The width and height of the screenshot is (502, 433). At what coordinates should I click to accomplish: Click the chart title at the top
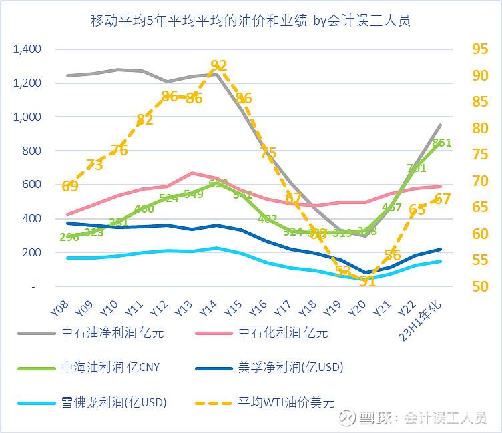[250, 21]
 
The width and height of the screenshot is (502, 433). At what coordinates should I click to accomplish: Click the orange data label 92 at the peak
[219, 65]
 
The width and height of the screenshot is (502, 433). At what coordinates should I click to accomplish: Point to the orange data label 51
[367, 281]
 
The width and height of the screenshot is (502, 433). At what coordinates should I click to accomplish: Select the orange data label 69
[70, 187]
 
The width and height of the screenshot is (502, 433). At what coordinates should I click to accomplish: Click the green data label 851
[442, 143]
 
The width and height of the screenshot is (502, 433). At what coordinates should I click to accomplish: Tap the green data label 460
[144, 209]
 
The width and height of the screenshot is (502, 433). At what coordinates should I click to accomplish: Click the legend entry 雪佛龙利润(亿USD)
[113, 402]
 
